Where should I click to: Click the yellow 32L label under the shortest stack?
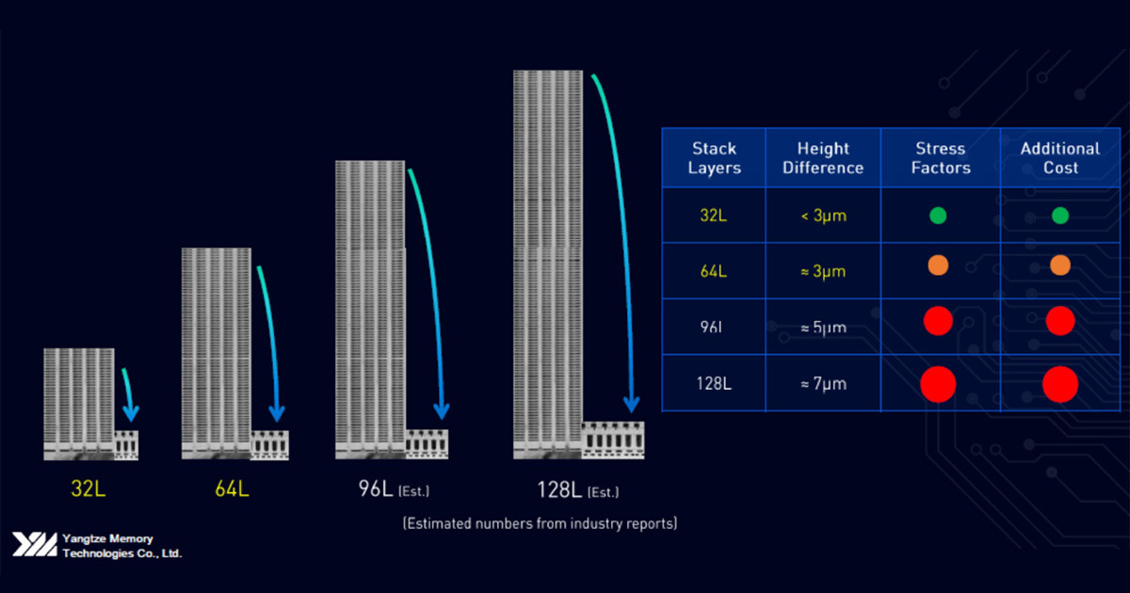click(x=89, y=489)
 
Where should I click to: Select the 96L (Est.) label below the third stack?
click(x=389, y=490)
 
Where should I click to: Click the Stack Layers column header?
click(x=714, y=158)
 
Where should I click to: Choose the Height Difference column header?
click(x=823, y=158)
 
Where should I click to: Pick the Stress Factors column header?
click(x=940, y=158)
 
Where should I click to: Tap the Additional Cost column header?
click(x=1059, y=158)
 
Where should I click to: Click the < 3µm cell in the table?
click(x=823, y=216)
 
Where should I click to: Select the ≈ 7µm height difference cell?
click(x=823, y=383)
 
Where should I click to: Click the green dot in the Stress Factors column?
click(x=938, y=216)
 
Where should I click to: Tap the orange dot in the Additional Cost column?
click(x=1059, y=265)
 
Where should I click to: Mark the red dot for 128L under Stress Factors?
click(x=938, y=384)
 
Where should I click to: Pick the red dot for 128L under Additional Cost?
click(x=1059, y=384)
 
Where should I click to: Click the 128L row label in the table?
click(x=714, y=383)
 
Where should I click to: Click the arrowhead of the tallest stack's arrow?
click(x=631, y=405)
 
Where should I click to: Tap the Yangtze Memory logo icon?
click(x=34, y=545)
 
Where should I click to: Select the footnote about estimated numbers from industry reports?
click(x=540, y=522)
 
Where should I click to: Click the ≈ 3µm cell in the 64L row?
click(x=823, y=271)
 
